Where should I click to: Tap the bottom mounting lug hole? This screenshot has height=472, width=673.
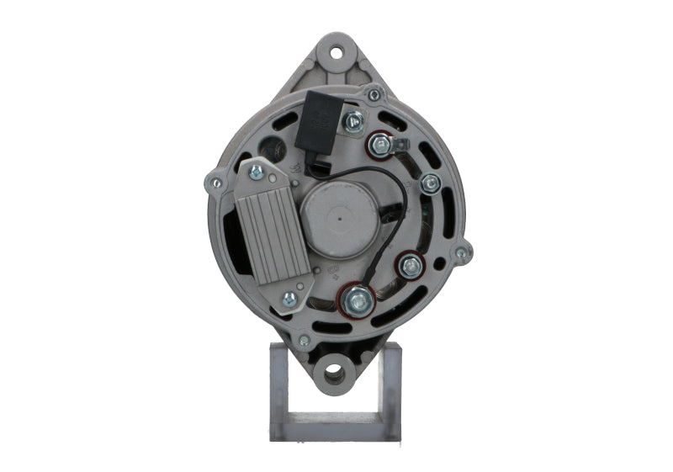pyautogui.click(x=333, y=370)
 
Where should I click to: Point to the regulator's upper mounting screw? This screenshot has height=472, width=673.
pyautogui.click(x=256, y=172)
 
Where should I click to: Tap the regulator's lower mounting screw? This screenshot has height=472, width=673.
pyautogui.click(x=289, y=299)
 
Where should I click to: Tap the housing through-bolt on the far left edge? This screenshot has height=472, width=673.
pyautogui.click(x=216, y=183)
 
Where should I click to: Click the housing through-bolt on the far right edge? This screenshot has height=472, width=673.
pyautogui.click(x=460, y=252)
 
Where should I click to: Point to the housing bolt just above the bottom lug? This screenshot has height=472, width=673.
pyautogui.click(x=304, y=340)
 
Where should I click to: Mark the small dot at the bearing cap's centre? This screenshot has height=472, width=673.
pyautogui.click(x=338, y=219)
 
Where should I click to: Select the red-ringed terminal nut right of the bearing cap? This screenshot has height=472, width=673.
pyautogui.click(x=411, y=267)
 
